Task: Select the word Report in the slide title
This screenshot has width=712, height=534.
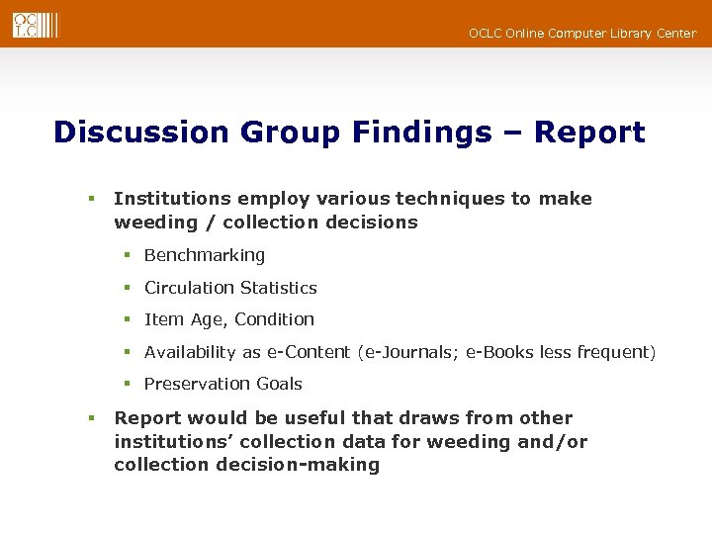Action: [589, 133]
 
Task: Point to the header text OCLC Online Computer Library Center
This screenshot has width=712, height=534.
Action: [582, 34]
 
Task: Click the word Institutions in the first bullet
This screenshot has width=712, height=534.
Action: [172, 199]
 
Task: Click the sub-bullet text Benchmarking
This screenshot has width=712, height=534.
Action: [205, 255]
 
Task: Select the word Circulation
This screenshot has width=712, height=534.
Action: [187, 288]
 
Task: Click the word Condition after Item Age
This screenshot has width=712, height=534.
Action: [274, 319]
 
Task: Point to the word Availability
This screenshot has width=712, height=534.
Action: [190, 352]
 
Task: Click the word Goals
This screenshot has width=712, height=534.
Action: [279, 384]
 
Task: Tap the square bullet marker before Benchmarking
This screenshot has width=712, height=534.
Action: [128, 256]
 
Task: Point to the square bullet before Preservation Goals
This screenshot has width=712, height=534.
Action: [128, 385]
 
